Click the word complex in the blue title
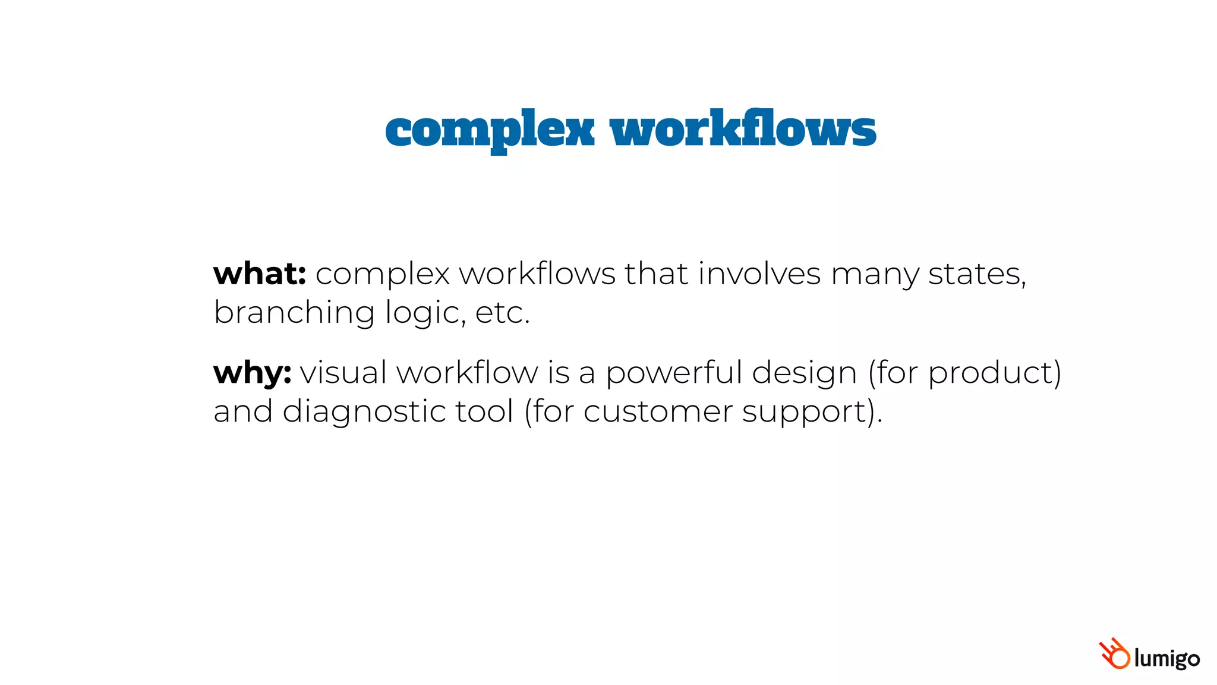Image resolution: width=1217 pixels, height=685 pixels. (x=490, y=130)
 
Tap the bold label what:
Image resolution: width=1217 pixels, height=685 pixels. (x=260, y=274)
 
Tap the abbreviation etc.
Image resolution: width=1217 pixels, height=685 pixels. (x=502, y=313)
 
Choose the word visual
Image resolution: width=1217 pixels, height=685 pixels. (x=343, y=373)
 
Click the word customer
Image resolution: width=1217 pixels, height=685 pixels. (x=658, y=412)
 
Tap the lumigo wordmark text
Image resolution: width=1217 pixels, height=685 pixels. (x=1166, y=658)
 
